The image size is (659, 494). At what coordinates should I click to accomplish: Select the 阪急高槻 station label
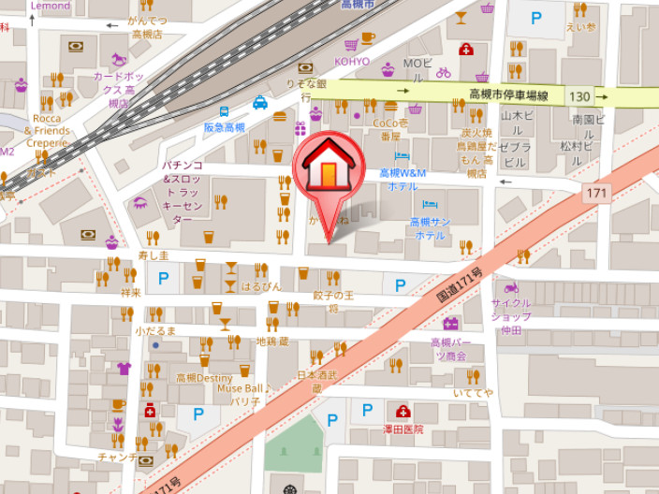(x=224, y=127)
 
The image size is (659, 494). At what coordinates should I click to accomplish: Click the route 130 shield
(x=579, y=96)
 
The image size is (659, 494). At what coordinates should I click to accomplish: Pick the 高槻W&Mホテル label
(x=403, y=180)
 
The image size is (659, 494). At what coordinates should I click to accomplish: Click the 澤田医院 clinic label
(x=404, y=429)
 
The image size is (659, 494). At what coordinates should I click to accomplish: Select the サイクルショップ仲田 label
(x=511, y=316)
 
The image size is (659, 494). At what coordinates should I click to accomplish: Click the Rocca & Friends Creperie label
(x=47, y=131)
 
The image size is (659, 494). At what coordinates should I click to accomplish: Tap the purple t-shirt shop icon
(x=124, y=368)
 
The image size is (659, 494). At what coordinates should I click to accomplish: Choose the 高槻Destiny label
(x=204, y=378)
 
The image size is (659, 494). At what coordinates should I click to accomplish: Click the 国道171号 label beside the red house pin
(x=459, y=284)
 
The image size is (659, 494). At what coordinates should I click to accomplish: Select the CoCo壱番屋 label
(x=390, y=129)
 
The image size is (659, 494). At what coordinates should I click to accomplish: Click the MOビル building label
(x=416, y=64)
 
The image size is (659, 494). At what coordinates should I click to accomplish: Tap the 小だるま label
(x=155, y=331)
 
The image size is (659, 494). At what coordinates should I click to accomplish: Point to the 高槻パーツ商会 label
(x=449, y=349)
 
